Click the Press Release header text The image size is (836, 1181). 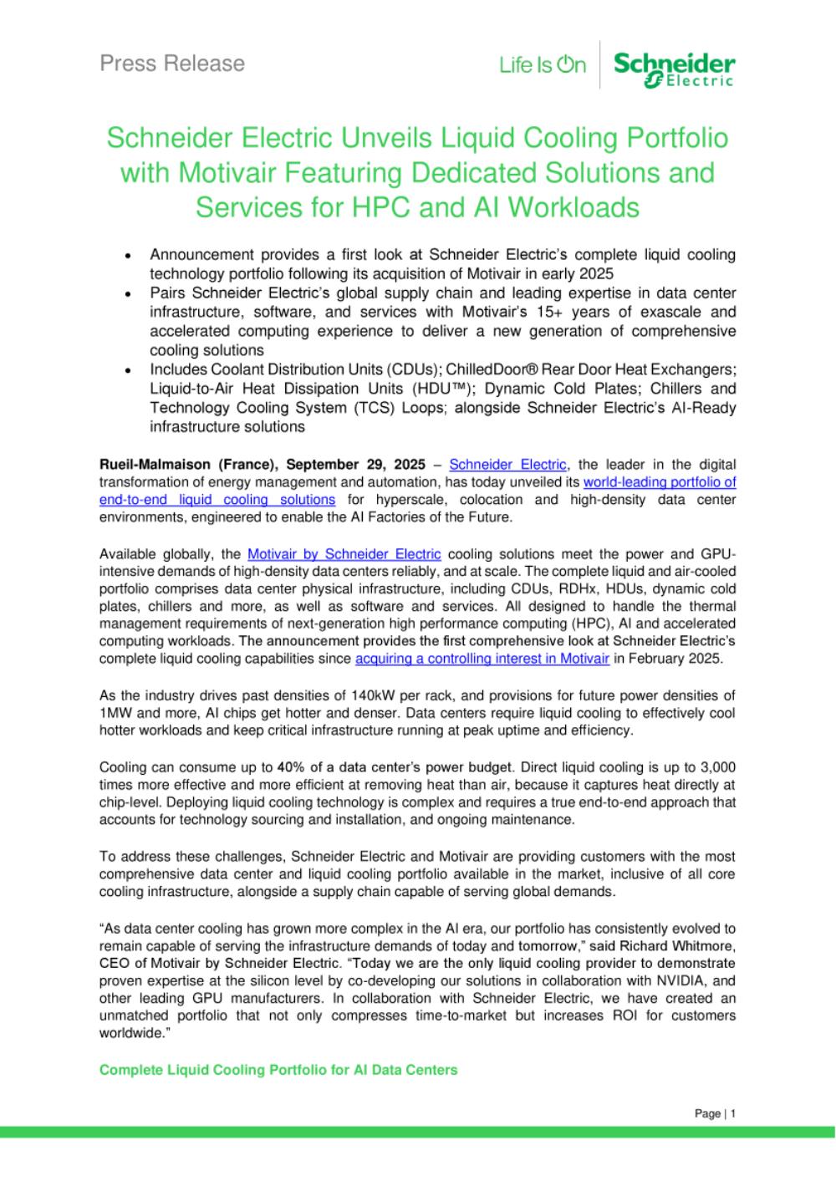point(172,64)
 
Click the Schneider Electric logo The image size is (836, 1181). point(674,69)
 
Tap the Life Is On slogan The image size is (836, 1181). point(543,65)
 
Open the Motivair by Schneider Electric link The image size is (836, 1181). point(344,553)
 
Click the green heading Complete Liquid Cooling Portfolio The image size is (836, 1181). point(278,1070)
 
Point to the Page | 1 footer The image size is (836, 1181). point(715,1113)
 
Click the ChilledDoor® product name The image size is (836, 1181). point(497,369)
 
